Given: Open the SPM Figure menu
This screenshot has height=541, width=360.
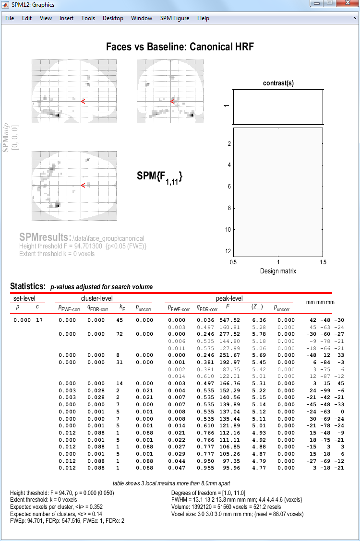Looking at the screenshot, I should point(174,18).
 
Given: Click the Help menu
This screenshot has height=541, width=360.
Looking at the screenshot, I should point(203,18).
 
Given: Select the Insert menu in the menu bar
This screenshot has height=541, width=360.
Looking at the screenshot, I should point(66,18).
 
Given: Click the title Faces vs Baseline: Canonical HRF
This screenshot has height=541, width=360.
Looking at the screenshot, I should point(180,47).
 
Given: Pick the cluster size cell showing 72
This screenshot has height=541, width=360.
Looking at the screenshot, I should point(120,334).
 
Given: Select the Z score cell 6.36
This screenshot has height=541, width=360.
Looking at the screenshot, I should point(259,320).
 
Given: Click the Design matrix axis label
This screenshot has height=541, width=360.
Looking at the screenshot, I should point(278,271).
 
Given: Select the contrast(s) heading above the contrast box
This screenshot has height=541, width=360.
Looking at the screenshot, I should point(278,83).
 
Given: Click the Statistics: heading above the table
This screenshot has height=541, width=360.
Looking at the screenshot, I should point(28,286).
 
